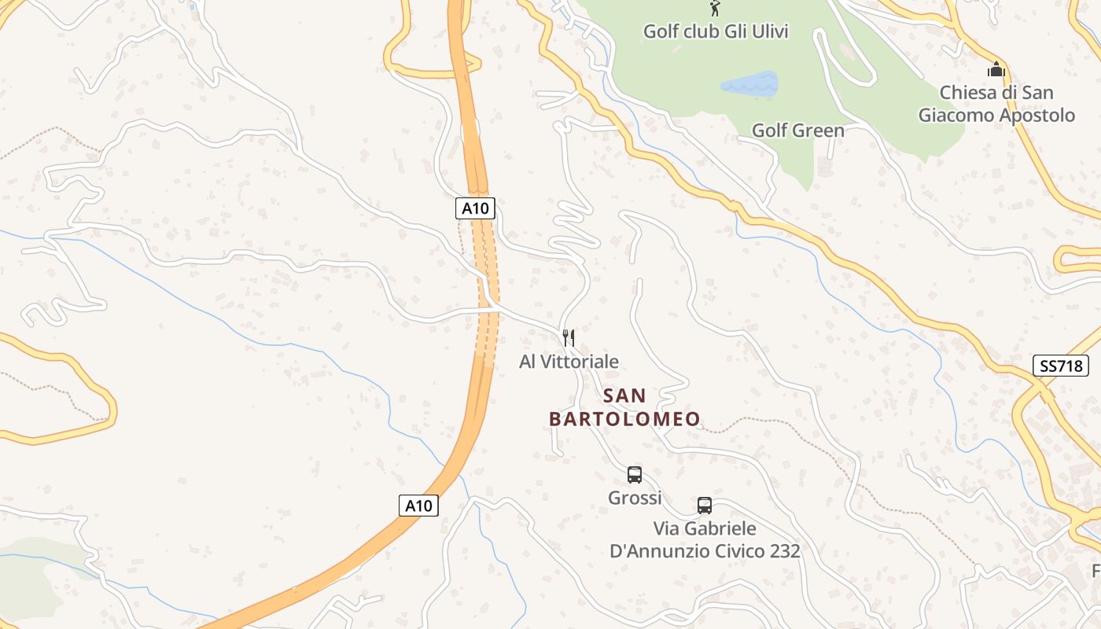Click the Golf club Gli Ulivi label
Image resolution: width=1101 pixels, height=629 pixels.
click(716, 31)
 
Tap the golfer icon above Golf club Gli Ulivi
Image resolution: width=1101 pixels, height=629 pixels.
click(715, 9)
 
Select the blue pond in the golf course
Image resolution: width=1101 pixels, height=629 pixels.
click(749, 83)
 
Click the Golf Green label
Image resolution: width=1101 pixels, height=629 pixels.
click(798, 131)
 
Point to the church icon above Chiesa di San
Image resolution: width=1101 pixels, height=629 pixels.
click(996, 69)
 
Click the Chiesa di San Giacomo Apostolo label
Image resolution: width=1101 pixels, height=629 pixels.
click(996, 104)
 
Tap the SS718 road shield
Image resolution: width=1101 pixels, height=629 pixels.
click(1059, 366)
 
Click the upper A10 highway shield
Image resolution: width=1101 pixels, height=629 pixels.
click(475, 208)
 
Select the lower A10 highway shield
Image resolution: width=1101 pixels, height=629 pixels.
click(418, 506)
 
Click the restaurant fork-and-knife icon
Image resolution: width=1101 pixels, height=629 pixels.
click(569, 338)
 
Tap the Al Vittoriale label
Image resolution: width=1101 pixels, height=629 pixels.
click(569, 362)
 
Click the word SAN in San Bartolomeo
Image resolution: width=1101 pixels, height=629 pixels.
click(624, 395)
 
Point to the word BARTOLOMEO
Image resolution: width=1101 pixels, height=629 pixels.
click(624, 419)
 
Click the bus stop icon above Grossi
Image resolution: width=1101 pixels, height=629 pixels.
click(635, 475)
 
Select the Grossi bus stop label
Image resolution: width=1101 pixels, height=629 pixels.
click(635, 498)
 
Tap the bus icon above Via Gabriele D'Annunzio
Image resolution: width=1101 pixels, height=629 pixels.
click(705, 506)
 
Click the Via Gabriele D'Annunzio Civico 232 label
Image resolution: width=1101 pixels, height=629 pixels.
click(705, 539)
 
